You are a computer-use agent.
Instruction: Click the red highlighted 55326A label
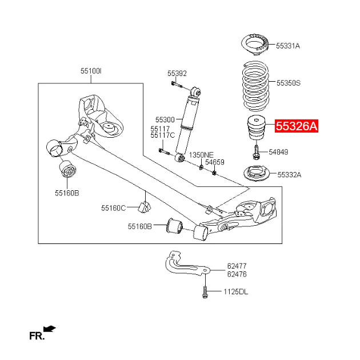click(x=297, y=126)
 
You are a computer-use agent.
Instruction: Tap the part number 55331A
click(x=288, y=46)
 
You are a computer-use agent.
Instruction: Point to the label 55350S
click(x=289, y=83)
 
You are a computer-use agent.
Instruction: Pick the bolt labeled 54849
click(x=256, y=152)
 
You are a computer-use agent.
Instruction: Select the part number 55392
click(x=177, y=74)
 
